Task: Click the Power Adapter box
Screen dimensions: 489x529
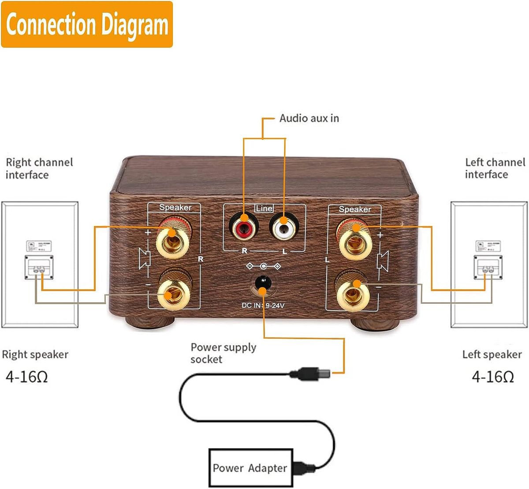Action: coord(250,468)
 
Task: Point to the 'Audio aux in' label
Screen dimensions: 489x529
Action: coord(309,118)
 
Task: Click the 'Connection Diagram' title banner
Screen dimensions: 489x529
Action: coord(87,25)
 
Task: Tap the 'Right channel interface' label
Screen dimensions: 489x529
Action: coord(39,168)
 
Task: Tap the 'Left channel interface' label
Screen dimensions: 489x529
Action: coord(495,168)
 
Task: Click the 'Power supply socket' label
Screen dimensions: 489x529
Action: coord(223,353)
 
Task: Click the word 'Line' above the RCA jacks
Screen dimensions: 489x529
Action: coord(264,208)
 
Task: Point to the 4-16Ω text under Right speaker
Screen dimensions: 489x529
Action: coord(27,377)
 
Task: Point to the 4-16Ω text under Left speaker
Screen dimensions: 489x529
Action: coord(493,377)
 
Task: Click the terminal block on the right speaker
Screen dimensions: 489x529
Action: coord(39,268)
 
